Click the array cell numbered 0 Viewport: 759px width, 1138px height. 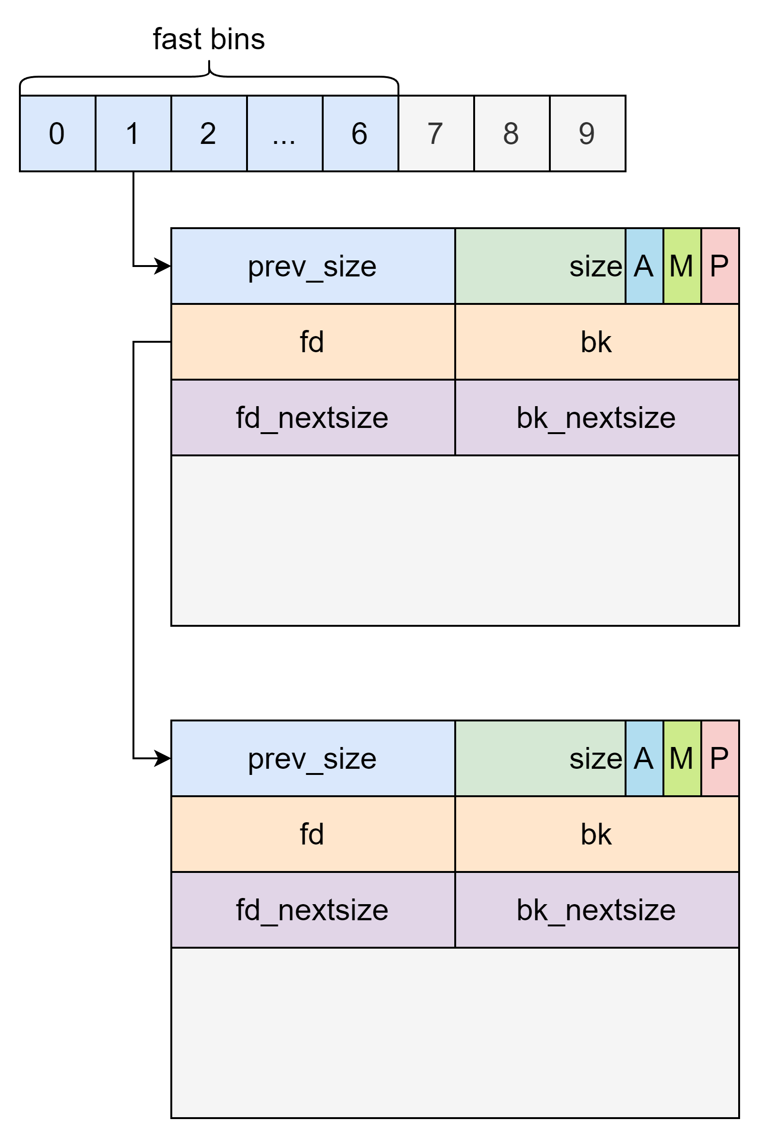pyautogui.click(x=57, y=133)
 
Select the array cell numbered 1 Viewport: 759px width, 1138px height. pyautogui.click(x=133, y=133)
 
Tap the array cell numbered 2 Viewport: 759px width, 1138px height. pyautogui.click(x=209, y=133)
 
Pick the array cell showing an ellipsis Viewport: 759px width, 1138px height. pyautogui.click(x=284, y=133)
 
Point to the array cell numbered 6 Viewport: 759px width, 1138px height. pyautogui.click(x=360, y=133)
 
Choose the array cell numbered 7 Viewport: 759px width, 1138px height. pyautogui.click(x=436, y=133)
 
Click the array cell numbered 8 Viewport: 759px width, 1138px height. pyautogui.click(x=512, y=133)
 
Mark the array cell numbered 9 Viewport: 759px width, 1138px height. pyautogui.click(x=587, y=133)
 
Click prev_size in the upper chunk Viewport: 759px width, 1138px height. pyautogui.click(x=313, y=267)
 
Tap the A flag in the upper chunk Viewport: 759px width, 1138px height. pyautogui.click(x=644, y=267)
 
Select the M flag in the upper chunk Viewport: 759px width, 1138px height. pyautogui.click(x=681, y=267)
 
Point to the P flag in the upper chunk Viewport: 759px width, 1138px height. pyautogui.click(x=719, y=267)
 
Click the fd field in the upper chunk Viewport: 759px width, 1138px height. pyautogui.click(x=313, y=342)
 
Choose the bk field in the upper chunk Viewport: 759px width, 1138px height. pyautogui.click(x=596, y=342)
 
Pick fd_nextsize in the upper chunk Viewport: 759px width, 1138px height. pyautogui.click(x=313, y=418)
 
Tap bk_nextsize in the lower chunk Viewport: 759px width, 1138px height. pyautogui.click(x=596, y=910)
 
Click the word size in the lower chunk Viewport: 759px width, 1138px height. pyautogui.click(x=595, y=758)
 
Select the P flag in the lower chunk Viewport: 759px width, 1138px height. pyautogui.click(x=719, y=758)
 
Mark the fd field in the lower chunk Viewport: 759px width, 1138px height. pyautogui.click(x=313, y=834)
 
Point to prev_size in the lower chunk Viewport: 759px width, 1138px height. pyautogui.click(x=313, y=758)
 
